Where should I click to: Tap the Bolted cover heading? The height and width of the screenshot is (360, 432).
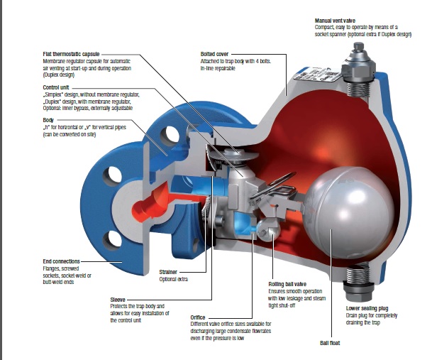(x=216, y=54)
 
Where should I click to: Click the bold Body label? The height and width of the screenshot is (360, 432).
(x=49, y=120)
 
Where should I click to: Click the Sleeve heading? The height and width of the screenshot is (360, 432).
(x=118, y=299)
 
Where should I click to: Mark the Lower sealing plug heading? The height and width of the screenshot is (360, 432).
(x=367, y=309)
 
